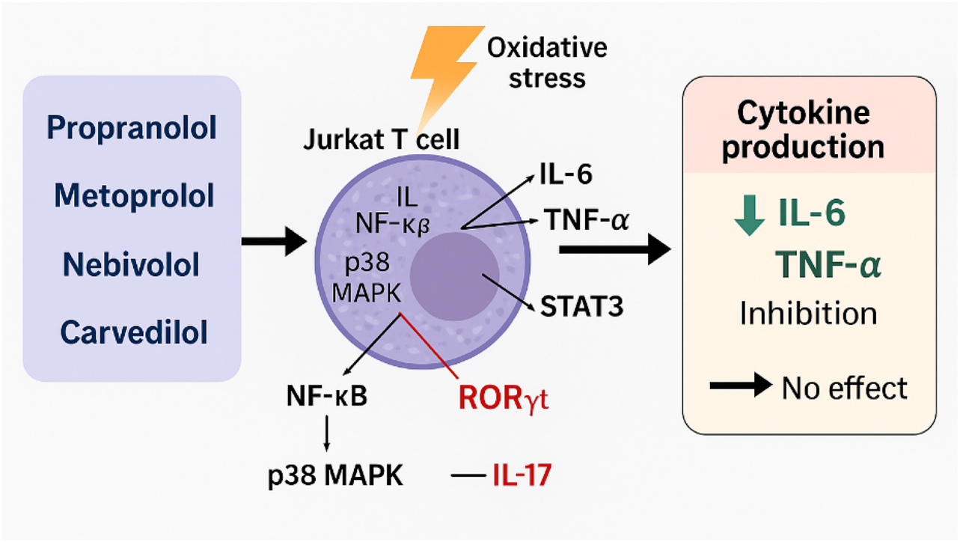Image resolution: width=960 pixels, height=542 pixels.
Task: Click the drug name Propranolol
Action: click(132, 128)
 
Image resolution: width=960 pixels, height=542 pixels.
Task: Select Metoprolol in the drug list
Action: click(134, 196)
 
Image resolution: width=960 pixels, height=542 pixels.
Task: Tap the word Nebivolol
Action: click(131, 264)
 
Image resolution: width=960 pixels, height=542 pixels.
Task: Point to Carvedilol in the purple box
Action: click(134, 332)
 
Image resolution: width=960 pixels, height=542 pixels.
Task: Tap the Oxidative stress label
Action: click(547, 63)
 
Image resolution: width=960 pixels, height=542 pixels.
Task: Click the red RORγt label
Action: click(504, 399)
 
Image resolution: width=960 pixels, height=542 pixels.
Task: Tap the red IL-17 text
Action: click(522, 475)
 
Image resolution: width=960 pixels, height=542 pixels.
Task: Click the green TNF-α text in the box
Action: click(828, 264)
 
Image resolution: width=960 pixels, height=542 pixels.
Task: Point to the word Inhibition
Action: click(808, 312)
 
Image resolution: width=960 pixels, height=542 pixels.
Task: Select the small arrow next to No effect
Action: click(740, 386)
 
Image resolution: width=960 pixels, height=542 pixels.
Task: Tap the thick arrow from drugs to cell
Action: click(274, 241)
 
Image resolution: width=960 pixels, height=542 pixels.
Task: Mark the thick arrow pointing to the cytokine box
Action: click(614, 249)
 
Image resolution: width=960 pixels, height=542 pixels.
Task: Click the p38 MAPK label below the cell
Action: click(336, 476)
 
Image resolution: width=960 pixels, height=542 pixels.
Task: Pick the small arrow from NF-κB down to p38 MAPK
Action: click(327, 433)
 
